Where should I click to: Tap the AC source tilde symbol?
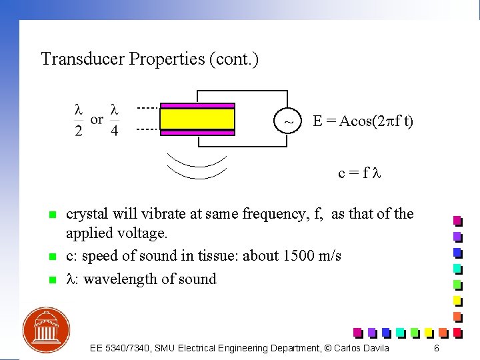(288, 122)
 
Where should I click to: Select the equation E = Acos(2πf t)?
(363, 121)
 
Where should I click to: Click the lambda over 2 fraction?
(79, 120)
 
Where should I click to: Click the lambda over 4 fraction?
(115, 120)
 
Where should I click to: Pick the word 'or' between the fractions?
(97, 120)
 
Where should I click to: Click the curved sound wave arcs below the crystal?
(197, 167)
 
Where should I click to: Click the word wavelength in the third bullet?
(112, 279)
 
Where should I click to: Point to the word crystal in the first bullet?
(86, 214)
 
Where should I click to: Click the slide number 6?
(436, 349)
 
